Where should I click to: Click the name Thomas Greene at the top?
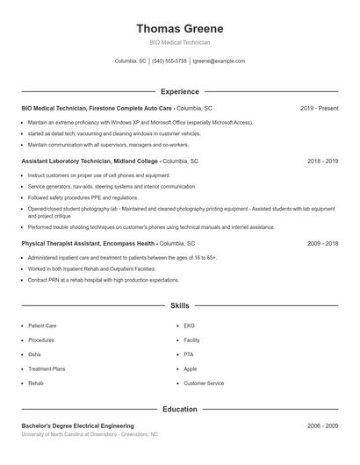[179, 28]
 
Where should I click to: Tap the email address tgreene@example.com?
[219, 61]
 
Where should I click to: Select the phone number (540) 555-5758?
[169, 61]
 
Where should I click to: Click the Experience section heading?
[179, 91]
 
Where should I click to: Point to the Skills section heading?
[179, 305]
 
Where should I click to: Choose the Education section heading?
[179, 409]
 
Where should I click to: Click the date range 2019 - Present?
[319, 108]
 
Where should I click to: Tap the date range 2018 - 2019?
[322, 161]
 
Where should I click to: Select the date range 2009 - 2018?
[322, 242]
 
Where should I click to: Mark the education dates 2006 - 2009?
[322, 426]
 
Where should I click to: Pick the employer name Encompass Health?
[130, 242]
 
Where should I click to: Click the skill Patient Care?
[42, 325]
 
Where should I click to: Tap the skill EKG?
[189, 325]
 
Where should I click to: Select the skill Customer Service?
[204, 383]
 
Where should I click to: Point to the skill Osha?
[34, 354]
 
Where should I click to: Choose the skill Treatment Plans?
[47, 368]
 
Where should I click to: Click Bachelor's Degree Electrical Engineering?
[77, 426]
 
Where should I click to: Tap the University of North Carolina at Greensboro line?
[90, 434]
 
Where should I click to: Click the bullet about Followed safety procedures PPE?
[83, 198]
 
